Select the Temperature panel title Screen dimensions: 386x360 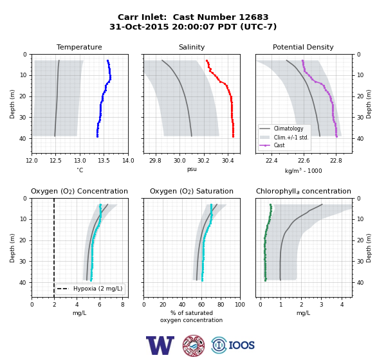point(79,47)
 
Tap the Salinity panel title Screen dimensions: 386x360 point(192,47)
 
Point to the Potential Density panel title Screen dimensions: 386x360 point(303,47)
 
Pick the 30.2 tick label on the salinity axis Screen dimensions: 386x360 point(203,161)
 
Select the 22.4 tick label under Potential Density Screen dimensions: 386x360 point(271,161)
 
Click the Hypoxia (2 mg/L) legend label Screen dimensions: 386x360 point(98,289)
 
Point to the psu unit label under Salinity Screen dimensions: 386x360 point(192,169)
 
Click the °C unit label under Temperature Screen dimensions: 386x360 point(80,170)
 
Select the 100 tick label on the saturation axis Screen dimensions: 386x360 point(240,305)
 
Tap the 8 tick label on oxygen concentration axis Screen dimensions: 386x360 point(123,305)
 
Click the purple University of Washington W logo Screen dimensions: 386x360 point(160,345)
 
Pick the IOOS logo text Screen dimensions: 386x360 point(241,345)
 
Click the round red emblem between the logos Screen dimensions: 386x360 point(194,345)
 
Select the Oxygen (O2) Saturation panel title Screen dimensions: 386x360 point(192,191)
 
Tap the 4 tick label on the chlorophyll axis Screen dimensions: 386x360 point(342,305)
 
